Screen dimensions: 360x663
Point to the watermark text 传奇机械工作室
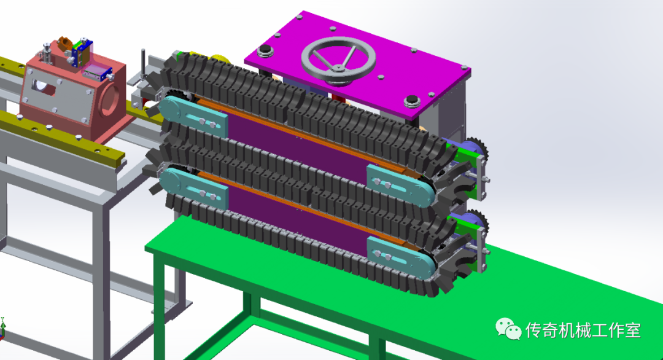583,330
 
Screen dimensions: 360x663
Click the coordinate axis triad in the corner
3,328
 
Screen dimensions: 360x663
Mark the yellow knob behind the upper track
218,60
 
